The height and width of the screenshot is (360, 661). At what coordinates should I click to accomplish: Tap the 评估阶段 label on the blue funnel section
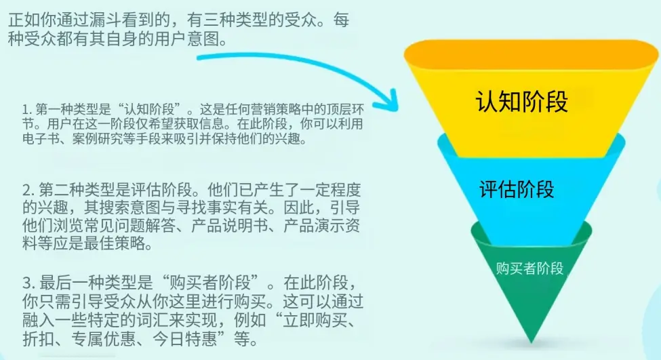coord(517,188)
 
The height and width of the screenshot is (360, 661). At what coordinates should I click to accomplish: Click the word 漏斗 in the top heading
coord(122,20)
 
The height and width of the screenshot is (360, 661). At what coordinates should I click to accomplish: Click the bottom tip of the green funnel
coord(531,340)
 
